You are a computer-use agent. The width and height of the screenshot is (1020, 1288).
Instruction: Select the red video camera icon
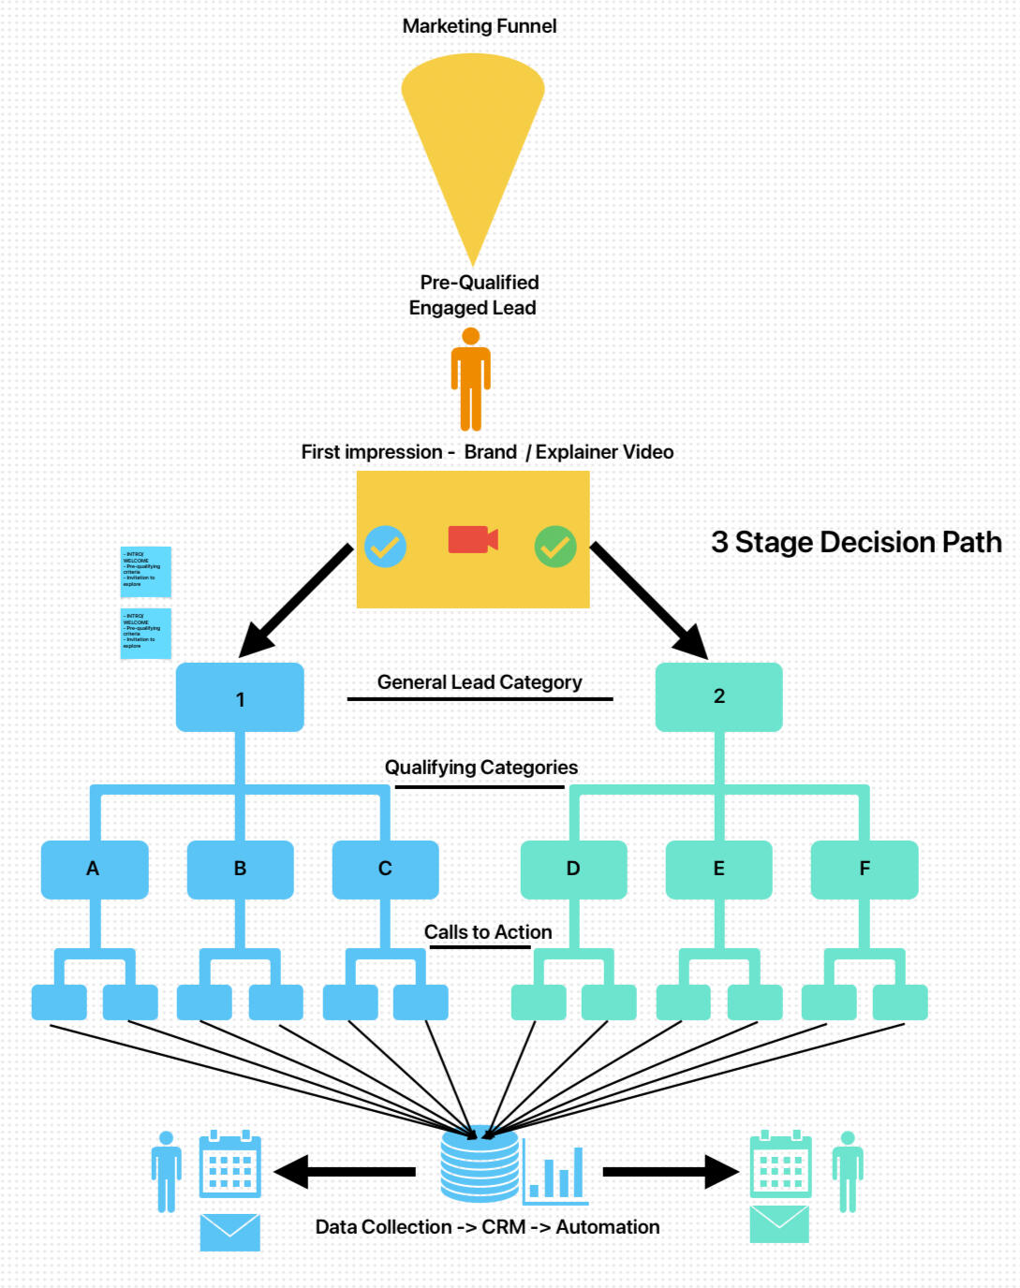point(472,539)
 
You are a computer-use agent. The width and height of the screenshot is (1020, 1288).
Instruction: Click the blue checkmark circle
point(385,547)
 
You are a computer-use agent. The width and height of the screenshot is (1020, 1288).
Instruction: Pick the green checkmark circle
point(555,547)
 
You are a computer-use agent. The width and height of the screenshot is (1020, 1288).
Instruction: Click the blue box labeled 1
point(240,698)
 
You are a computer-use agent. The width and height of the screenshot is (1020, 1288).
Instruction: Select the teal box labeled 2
point(718,696)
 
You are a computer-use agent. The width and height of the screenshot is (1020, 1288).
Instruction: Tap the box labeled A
point(94,869)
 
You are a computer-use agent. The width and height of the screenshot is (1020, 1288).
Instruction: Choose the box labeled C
point(385,869)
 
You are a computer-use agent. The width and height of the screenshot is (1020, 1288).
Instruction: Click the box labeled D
point(573,869)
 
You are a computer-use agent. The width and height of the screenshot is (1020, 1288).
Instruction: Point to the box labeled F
point(864,869)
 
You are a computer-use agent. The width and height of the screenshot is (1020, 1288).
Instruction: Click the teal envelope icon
point(779,1224)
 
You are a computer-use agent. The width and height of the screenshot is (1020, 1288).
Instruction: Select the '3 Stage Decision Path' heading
point(856,542)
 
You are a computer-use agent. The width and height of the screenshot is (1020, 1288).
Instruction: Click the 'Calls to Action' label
point(488,932)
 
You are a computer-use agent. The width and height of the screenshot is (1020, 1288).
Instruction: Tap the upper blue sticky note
point(146,571)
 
